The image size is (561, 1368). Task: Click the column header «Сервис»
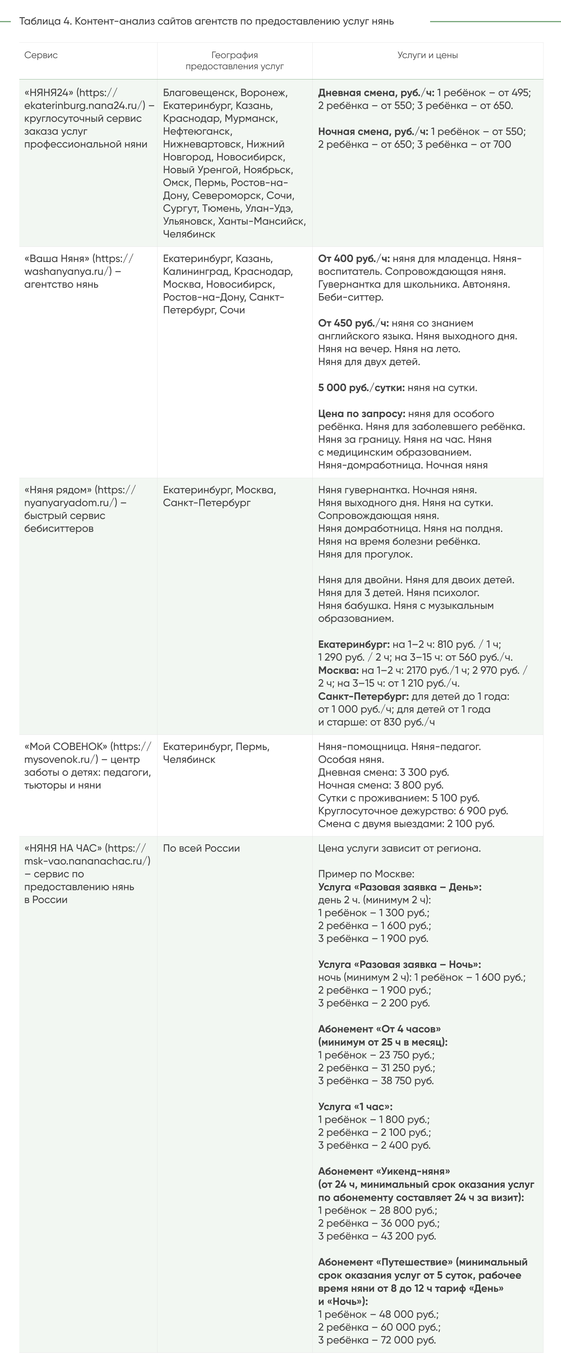click(x=41, y=55)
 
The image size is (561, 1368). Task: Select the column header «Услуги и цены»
click(x=427, y=55)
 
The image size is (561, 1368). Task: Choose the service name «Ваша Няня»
click(x=57, y=259)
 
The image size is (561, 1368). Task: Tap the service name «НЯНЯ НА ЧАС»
click(x=63, y=848)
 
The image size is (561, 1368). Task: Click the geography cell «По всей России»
click(x=201, y=848)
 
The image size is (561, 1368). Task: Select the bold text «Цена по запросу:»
click(x=361, y=414)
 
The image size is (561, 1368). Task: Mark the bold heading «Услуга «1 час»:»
click(x=355, y=1107)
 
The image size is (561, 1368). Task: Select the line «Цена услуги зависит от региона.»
click(x=399, y=848)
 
